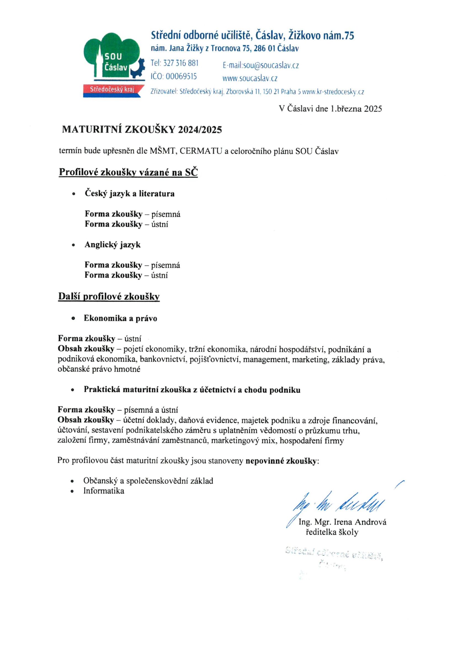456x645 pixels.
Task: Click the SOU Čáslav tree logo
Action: pyautogui.click(x=114, y=56)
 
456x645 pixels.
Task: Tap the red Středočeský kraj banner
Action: pyautogui.click(x=112, y=90)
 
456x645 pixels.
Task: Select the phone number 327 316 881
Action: pyautogui.click(x=181, y=63)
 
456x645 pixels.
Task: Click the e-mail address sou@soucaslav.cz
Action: pyautogui.click(x=271, y=65)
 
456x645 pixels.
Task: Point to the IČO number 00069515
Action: pyautogui.click(x=181, y=76)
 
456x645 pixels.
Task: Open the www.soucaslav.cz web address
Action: pyautogui.click(x=250, y=78)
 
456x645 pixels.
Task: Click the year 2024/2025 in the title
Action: pyautogui.click(x=200, y=130)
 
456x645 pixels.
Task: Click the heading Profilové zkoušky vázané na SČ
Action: pyautogui.click(x=128, y=172)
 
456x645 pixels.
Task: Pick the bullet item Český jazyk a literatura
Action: pyautogui.click(x=130, y=194)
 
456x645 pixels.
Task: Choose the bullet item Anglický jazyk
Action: pyautogui.click(x=112, y=244)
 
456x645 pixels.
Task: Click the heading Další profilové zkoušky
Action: pyautogui.click(x=109, y=297)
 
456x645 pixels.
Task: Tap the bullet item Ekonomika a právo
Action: pyautogui.click(x=120, y=318)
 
